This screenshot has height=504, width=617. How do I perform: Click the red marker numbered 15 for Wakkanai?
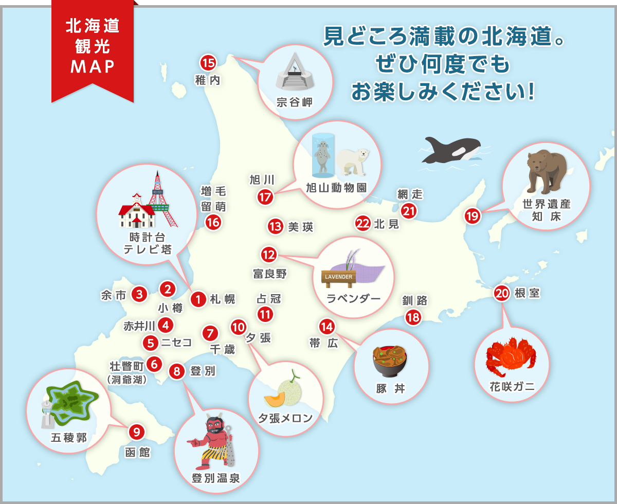208,63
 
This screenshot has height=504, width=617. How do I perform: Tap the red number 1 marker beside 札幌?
198,299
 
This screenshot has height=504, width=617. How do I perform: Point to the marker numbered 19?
473,216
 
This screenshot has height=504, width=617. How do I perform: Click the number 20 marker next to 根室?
502,293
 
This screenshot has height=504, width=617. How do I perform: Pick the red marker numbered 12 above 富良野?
269,254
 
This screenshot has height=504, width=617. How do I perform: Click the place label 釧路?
415,301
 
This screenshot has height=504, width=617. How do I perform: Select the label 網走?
410,194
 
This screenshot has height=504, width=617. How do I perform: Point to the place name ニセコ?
176,342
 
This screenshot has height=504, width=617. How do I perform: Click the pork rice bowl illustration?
390,361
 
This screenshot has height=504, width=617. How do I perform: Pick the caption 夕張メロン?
286,418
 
